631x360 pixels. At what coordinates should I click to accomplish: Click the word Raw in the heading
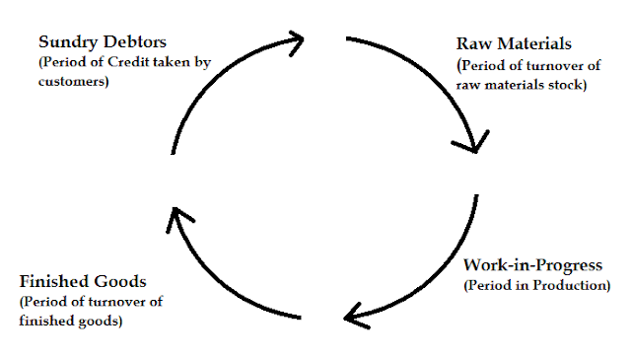[468, 45]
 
